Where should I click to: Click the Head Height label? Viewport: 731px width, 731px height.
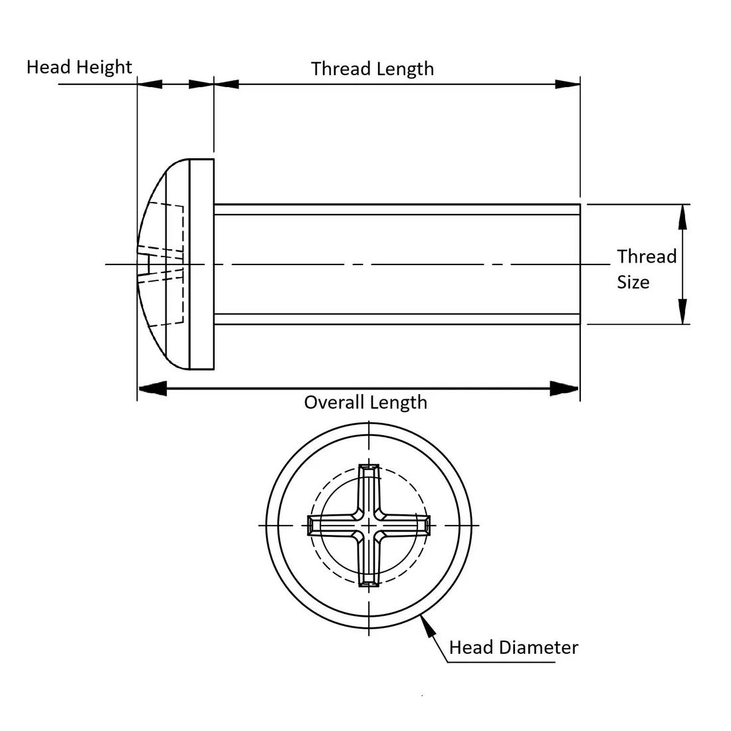click(79, 67)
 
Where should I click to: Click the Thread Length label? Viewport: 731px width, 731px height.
click(372, 68)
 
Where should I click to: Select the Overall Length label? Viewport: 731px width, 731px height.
click(365, 402)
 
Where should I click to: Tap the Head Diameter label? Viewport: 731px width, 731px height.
click(514, 647)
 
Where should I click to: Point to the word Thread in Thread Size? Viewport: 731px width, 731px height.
click(647, 257)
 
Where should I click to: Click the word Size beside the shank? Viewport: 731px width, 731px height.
click(633, 282)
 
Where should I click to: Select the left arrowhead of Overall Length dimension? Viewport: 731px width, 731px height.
click(152, 389)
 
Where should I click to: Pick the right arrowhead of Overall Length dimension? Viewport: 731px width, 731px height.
click(565, 389)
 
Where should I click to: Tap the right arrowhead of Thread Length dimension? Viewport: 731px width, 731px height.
click(568, 84)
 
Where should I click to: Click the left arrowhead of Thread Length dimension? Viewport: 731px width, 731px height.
click(227, 84)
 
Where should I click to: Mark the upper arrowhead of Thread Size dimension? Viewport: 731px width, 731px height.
click(682, 217)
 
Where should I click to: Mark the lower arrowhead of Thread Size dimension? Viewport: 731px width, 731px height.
click(682, 312)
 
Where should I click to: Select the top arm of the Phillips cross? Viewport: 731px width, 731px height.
click(368, 485)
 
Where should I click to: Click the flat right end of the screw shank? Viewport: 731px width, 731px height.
click(579, 264)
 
